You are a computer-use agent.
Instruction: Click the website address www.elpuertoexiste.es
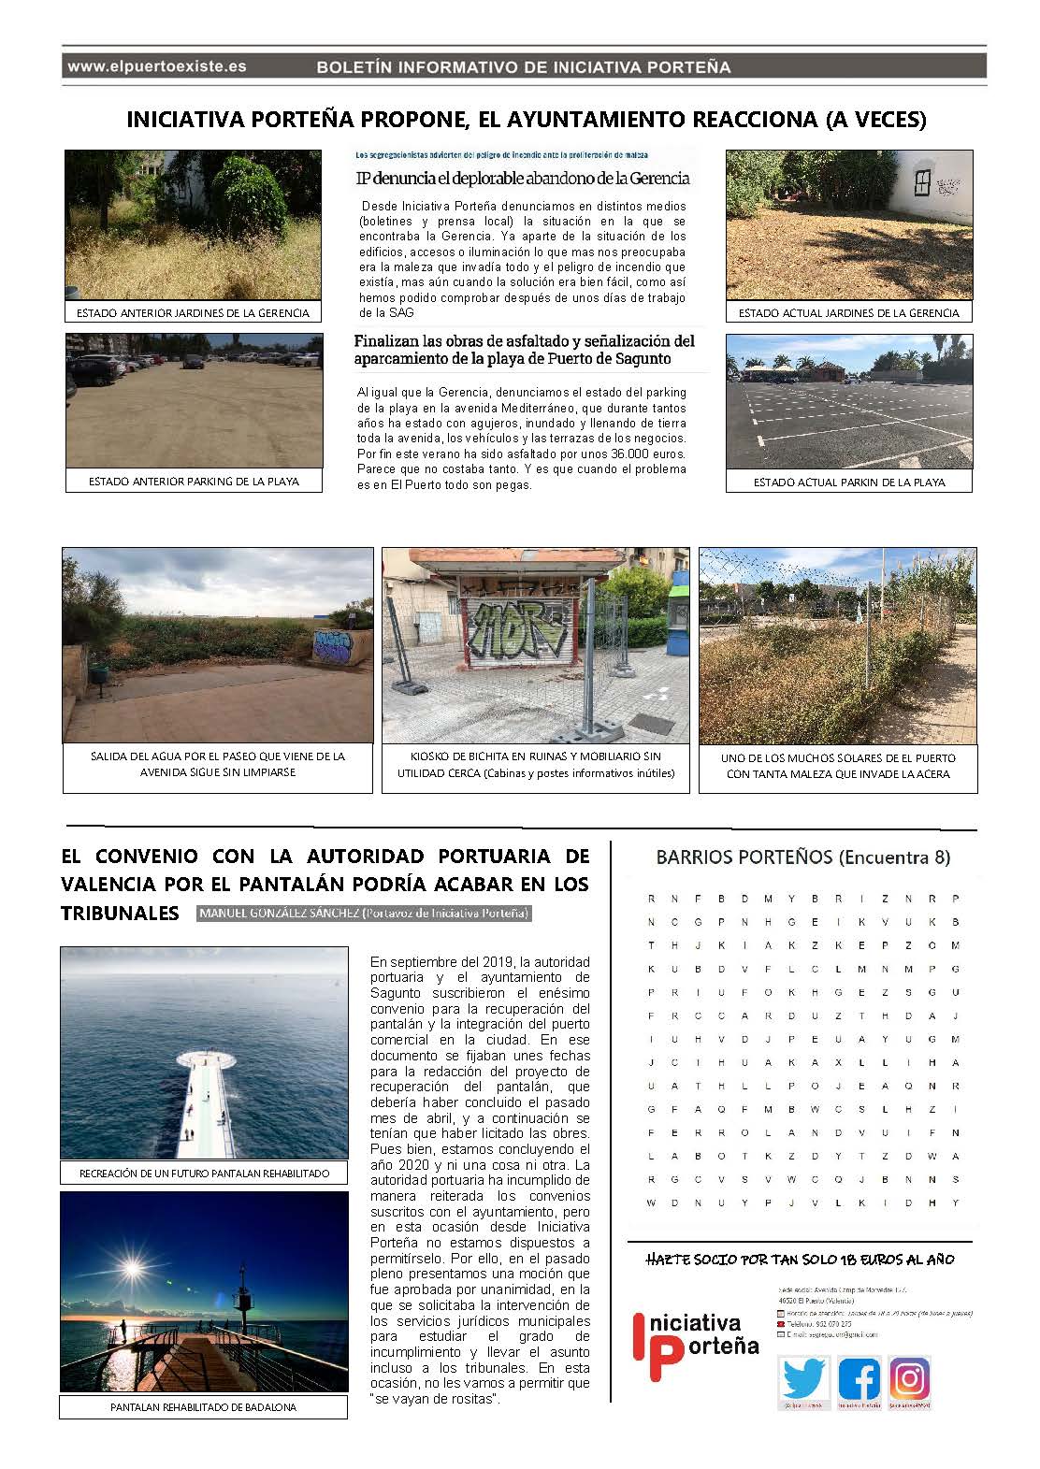click(157, 66)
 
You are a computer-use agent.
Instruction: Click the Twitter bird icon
click(802, 1380)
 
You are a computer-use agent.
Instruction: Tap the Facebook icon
click(859, 1380)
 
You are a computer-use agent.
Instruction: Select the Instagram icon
click(909, 1379)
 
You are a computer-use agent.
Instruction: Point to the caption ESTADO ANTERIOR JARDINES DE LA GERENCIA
click(193, 313)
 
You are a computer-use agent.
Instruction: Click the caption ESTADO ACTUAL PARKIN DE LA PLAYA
click(849, 482)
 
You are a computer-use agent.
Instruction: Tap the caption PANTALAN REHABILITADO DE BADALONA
click(203, 1406)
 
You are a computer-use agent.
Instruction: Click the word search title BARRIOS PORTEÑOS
click(802, 857)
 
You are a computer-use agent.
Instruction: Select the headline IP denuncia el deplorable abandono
click(523, 178)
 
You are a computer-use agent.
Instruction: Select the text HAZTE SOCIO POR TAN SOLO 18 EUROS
click(800, 1259)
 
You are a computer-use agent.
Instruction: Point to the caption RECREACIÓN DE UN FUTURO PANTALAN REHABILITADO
click(204, 1173)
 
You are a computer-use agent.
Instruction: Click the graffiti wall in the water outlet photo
click(331, 646)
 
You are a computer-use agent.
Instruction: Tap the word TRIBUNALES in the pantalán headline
click(120, 913)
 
